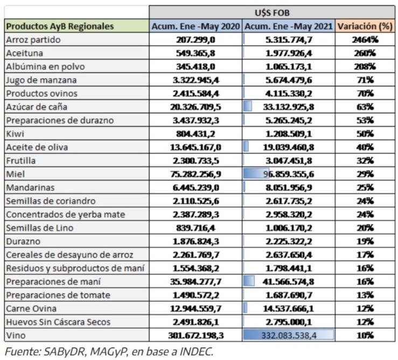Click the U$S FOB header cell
(272, 12)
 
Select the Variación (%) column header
(365, 26)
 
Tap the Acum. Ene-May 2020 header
(195, 26)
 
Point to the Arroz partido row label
(33, 40)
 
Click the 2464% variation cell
(365, 40)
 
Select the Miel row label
(16, 174)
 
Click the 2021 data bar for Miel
(256, 174)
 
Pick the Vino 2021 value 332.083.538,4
(289, 335)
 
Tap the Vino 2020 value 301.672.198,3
(195, 335)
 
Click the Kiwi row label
(15, 133)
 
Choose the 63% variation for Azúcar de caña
(365, 107)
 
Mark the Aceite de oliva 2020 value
(195, 147)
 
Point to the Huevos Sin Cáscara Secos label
(58, 322)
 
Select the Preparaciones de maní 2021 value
(288, 281)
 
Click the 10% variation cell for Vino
(365, 335)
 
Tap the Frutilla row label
(20, 160)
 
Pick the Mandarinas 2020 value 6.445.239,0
(195, 187)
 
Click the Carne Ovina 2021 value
(288, 308)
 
